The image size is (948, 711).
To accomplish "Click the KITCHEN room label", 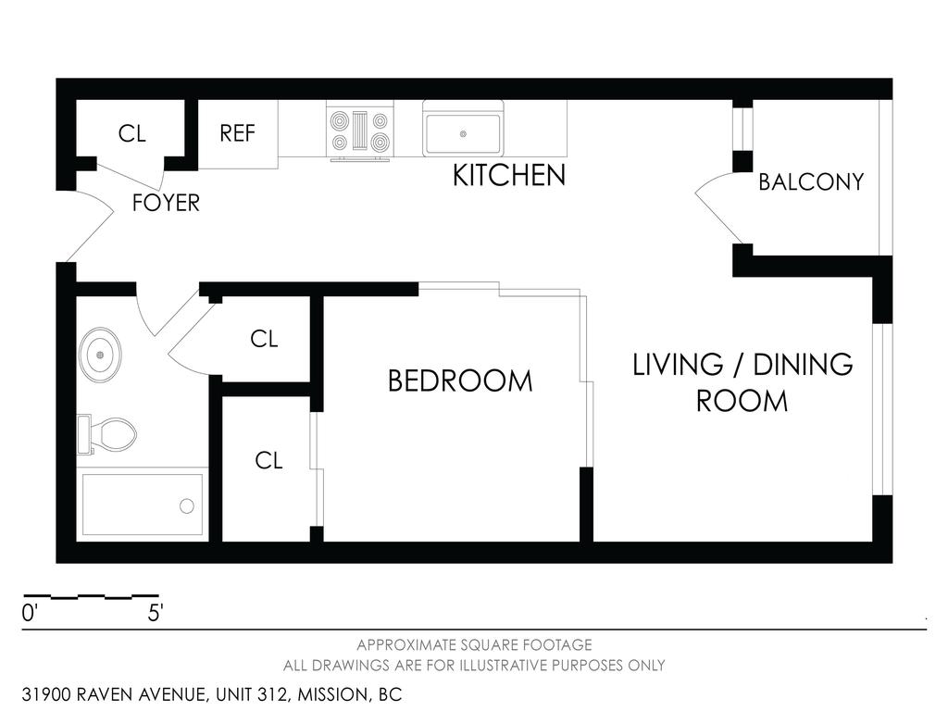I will tap(508, 175).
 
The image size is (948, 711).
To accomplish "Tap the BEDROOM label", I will tap(460, 380).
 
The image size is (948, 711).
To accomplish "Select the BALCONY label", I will tap(810, 181).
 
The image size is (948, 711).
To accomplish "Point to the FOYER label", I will tap(166, 203).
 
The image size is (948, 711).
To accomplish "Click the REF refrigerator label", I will tap(237, 133).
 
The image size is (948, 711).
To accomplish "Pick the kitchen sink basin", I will tap(462, 134).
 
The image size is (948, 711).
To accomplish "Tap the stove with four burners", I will tap(359, 132).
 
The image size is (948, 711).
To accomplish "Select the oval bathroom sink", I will tap(100, 354).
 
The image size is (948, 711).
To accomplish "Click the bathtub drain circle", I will tap(187, 505).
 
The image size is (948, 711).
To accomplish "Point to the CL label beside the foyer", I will tap(132, 133).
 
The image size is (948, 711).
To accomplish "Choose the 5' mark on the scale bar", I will tap(155, 613).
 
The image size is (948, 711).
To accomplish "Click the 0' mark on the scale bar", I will tap(31, 613).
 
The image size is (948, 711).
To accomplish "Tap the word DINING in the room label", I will tap(802, 365).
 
